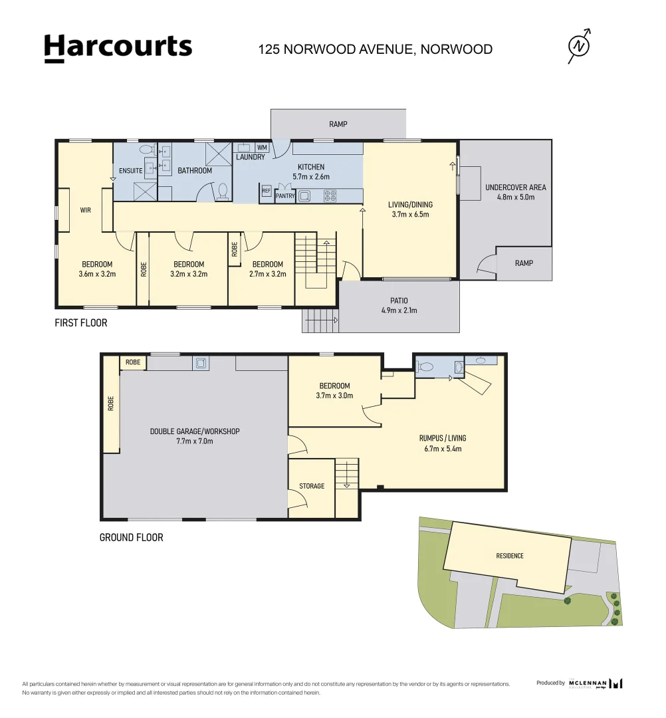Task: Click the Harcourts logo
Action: point(118,48)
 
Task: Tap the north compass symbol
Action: point(580,47)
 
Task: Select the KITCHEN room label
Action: point(311,167)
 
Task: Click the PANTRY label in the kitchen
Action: point(285,196)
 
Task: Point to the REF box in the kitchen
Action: point(267,191)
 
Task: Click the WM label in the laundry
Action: point(262,148)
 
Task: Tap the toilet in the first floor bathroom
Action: point(223,192)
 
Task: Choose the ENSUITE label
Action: point(130,171)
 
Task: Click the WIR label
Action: point(86,210)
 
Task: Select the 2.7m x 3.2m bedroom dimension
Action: point(268,275)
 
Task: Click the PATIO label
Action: point(399,301)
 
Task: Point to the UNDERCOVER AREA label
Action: point(515,187)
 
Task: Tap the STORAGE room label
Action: point(312,486)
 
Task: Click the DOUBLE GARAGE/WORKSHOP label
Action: point(195,431)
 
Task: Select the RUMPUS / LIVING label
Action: point(443,438)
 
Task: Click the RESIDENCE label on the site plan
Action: point(510,556)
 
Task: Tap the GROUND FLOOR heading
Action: point(132,538)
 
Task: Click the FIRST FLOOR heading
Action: point(81,323)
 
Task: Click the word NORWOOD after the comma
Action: point(457,49)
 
